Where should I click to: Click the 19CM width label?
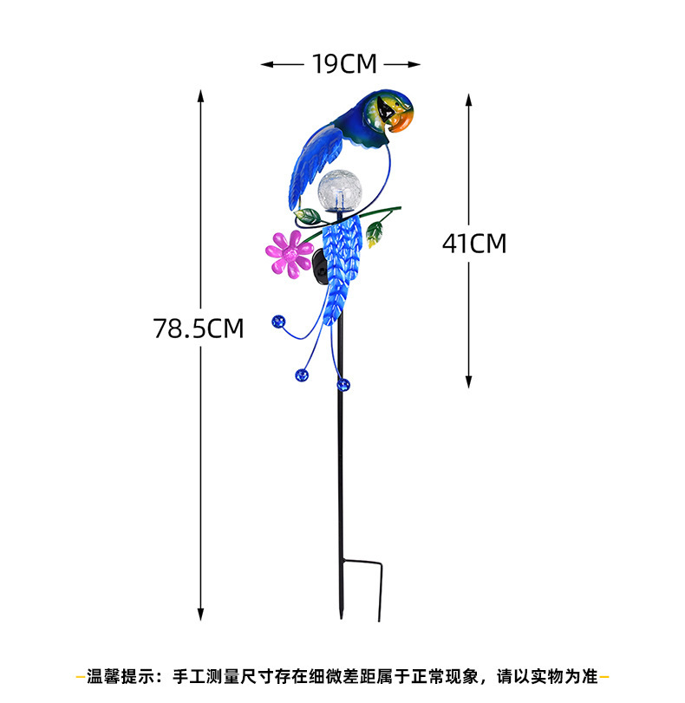tap(341, 63)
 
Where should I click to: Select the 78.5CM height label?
tap(198, 329)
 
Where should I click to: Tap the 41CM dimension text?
tap(473, 244)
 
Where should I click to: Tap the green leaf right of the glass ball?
tap(375, 231)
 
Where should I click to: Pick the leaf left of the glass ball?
tap(306, 215)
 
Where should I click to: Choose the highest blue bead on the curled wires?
tap(278, 322)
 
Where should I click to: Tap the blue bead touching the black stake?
tap(344, 383)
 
